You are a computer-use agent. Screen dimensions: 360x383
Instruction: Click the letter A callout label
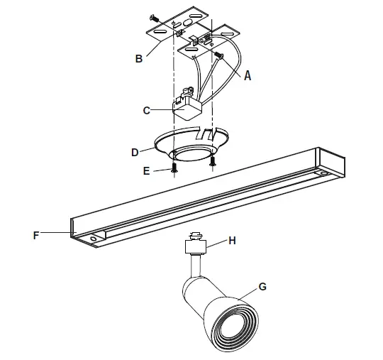pos(248,75)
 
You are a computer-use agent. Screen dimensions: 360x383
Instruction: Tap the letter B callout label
pos(139,59)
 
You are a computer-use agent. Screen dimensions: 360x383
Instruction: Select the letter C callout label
pos(146,110)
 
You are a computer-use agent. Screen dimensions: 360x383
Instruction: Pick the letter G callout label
pos(262,287)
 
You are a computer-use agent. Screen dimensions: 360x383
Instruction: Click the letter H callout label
pos(231,241)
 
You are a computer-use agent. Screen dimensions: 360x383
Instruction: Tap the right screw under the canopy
pos(212,160)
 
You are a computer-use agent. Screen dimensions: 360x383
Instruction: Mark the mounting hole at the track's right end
pos(323,173)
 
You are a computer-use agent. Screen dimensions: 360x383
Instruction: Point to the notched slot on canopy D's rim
pos(206,133)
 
